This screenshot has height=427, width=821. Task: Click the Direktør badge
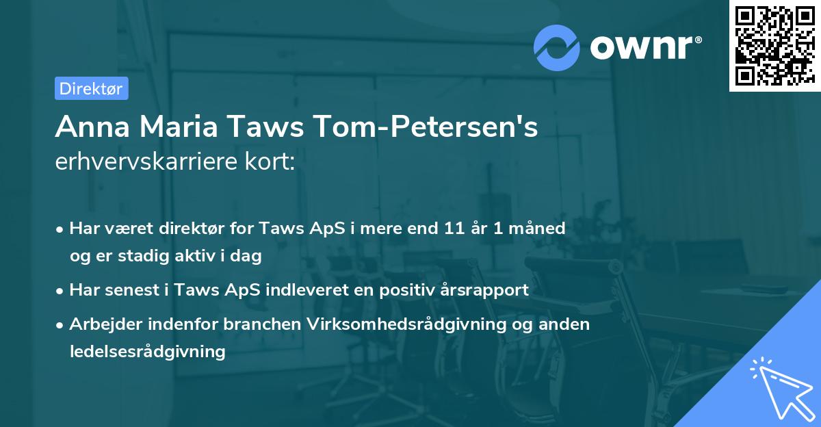[91, 88]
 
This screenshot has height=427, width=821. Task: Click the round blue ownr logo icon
[556, 47]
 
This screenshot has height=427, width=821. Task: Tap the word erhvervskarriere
[143, 163]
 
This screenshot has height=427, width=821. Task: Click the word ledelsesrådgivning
[147, 352]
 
